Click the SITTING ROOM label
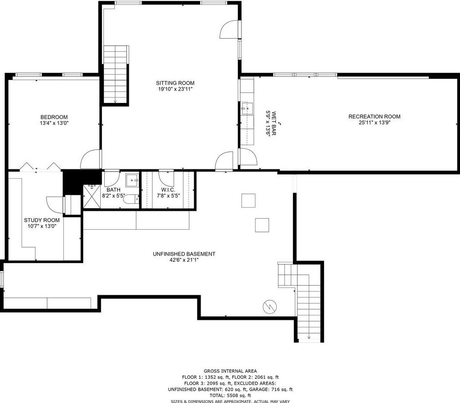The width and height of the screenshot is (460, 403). (x=175, y=83)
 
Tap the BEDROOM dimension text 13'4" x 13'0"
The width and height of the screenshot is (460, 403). (x=54, y=123)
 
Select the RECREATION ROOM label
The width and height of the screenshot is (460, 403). (x=374, y=117)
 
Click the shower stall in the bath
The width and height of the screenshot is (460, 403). (x=92, y=196)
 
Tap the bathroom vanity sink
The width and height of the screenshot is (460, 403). (x=132, y=180)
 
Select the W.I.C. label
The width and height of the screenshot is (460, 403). (x=168, y=190)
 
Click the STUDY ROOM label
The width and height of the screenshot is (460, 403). (x=42, y=220)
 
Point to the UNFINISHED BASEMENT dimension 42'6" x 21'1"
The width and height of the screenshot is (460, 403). (x=184, y=260)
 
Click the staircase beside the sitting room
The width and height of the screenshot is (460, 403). (x=116, y=74)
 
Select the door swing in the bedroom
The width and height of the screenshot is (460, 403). (x=91, y=159)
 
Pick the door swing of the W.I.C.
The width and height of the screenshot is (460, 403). (x=166, y=178)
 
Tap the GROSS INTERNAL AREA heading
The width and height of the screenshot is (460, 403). (x=230, y=371)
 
